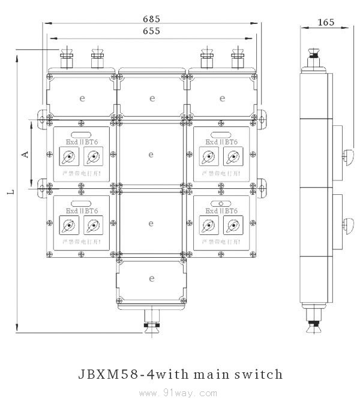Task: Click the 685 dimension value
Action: [151, 18]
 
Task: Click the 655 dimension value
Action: [151, 31]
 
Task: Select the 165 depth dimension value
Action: [325, 22]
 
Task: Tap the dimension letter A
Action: [25, 154]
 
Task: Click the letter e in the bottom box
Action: [151, 278]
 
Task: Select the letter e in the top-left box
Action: [82, 98]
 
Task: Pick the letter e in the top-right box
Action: [222, 98]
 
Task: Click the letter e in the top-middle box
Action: [151, 98]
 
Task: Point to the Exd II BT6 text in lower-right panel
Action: [220, 211]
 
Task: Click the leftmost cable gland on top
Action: [66, 58]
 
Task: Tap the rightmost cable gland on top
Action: [238, 58]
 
